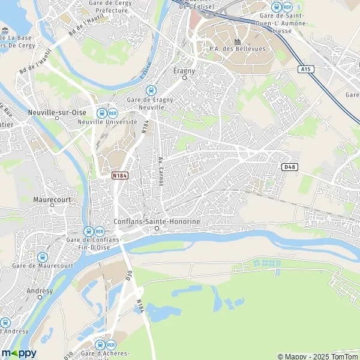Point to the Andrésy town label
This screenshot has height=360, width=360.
(41, 291)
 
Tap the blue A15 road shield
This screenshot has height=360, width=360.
(305, 69)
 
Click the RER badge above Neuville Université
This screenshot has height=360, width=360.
(113, 112)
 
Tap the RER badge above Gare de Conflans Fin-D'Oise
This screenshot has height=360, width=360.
(99, 231)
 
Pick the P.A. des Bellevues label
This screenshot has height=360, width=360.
(229, 49)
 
